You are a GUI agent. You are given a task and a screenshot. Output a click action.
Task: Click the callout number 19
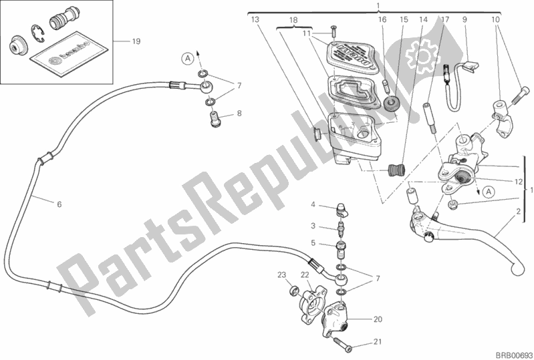pos(136,42)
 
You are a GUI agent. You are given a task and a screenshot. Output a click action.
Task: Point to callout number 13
pos(255,21)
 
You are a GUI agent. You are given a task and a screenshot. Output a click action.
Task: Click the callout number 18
pos(293,21)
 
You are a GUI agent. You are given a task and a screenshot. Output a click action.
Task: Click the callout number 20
pos(377,319)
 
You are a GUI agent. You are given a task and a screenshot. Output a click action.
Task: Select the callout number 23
pos(282,275)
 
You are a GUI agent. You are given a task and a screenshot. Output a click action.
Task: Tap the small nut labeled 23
pos(294,291)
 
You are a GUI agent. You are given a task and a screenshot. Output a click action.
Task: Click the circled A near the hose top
pos(189,59)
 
